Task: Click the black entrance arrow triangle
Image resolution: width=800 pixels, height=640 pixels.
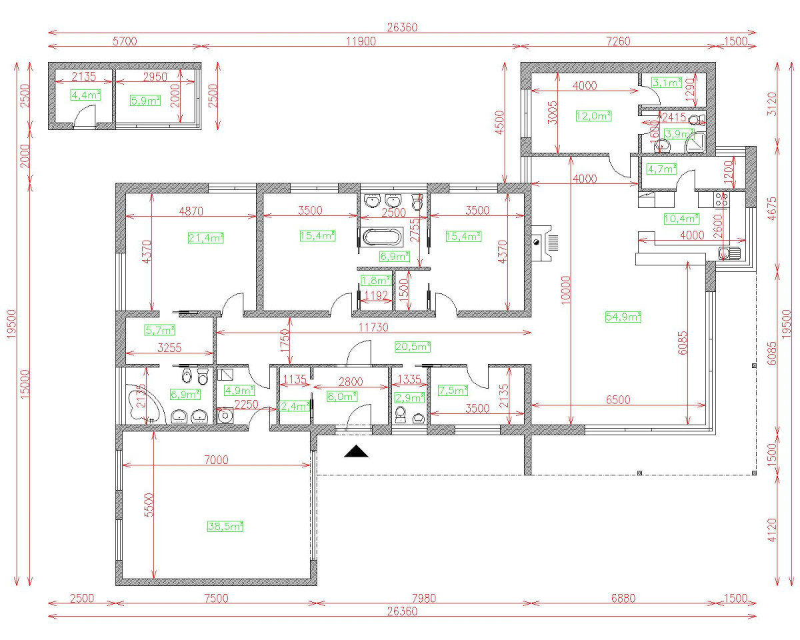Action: [357, 452]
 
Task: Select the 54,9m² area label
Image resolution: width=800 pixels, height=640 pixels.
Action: [623, 317]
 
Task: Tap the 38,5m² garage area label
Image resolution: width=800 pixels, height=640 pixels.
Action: [225, 526]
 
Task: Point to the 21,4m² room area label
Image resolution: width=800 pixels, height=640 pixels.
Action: [206, 237]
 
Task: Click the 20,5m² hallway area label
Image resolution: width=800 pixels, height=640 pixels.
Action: [413, 346]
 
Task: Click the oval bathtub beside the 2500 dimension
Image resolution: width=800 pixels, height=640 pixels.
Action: [381, 238]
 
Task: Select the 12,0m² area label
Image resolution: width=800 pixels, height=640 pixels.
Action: [593, 115]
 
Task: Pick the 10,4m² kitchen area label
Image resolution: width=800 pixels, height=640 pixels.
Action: [681, 218]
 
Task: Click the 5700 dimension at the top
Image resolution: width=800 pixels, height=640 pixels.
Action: [125, 41]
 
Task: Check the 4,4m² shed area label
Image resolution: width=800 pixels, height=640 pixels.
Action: [86, 95]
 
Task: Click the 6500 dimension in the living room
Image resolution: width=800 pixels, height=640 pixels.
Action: [617, 399]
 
